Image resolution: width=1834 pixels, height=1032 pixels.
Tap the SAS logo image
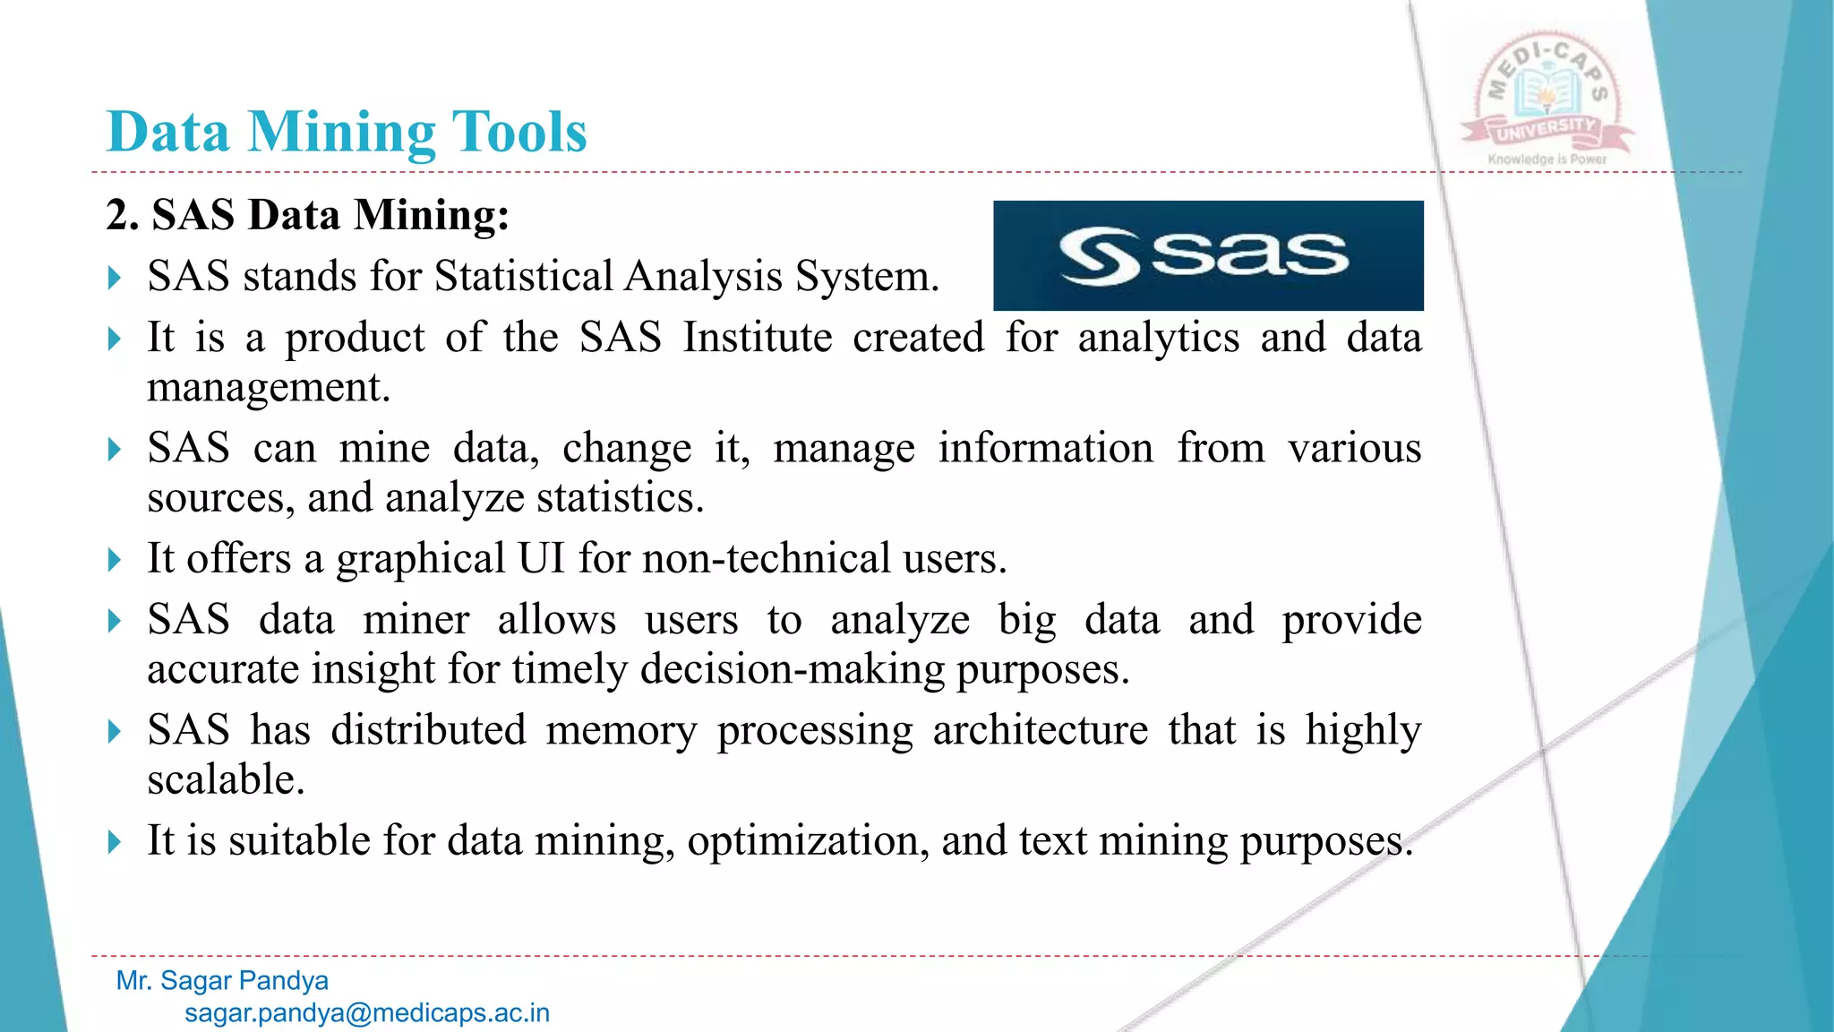click(1208, 255)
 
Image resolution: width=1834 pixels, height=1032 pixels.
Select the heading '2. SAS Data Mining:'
click(307, 215)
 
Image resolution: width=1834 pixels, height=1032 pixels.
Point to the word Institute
click(757, 338)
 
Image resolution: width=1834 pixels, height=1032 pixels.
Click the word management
click(269, 388)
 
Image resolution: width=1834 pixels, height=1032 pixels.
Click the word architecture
click(1040, 730)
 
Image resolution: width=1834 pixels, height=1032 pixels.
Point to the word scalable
click(226, 779)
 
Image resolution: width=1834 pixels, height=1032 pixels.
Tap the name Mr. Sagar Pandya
click(222, 981)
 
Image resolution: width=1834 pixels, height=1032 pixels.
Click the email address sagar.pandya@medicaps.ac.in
click(367, 1013)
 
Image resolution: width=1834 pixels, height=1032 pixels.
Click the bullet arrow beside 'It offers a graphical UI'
click(114, 561)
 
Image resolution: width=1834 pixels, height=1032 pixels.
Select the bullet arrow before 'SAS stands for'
click(114, 278)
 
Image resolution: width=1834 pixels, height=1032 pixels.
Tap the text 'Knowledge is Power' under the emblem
click(1547, 159)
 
